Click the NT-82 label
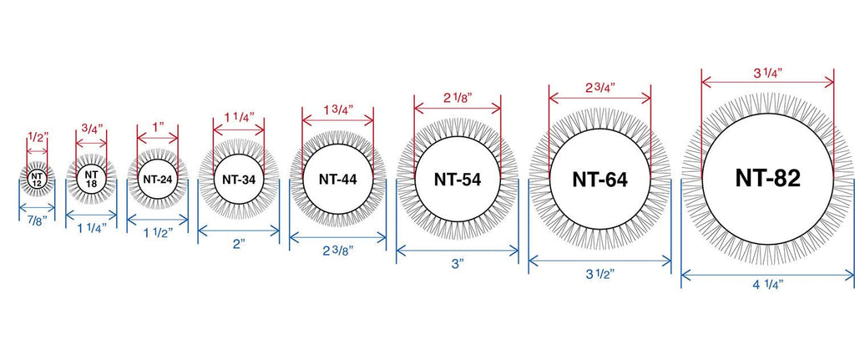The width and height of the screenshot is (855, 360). pyautogui.click(x=768, y=178)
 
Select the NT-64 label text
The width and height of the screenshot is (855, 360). pyautogui.click(x=600, y=179)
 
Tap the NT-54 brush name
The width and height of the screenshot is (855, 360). pyautogui.click(x=458, y=180)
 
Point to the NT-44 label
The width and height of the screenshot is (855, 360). pyautogui.click(x=338, y=179)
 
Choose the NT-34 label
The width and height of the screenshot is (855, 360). pyautogui.click(x=239, y=179)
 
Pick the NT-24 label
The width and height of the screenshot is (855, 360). pyautogui.click(x=158, y=179)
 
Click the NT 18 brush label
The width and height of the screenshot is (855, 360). pyautogui.click(x=91, y=179)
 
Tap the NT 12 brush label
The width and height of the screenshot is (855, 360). pyautogui.click(x=37, y=180)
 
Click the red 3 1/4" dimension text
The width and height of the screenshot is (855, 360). pyautogui.click(x=768, y=73)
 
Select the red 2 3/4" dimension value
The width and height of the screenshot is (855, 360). pyautogui.click(x=600, y=88)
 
